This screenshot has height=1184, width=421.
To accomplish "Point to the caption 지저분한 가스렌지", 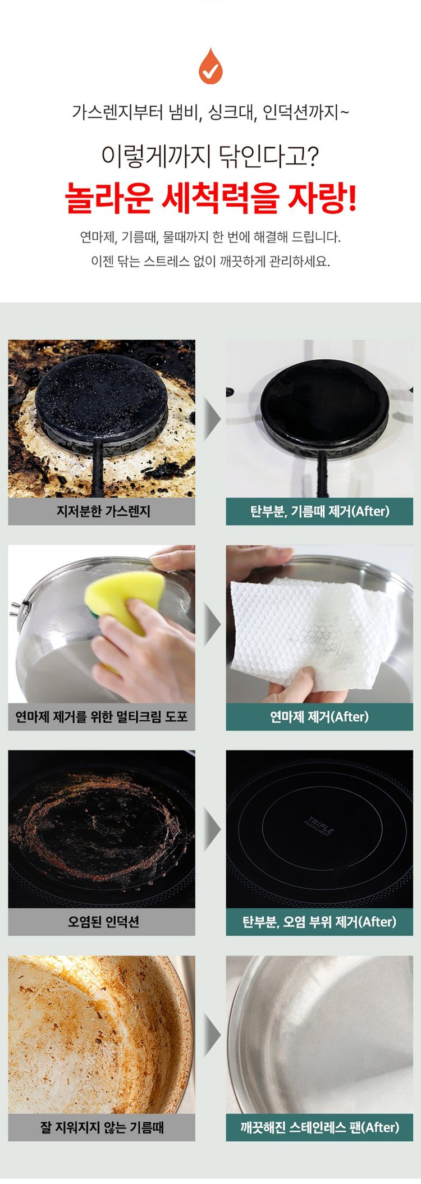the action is click(x=103, y=511).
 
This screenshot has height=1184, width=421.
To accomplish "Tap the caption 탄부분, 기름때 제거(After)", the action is click(x=319, y=511).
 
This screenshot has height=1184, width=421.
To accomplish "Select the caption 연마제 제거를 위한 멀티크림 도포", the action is click(x=102, y=717).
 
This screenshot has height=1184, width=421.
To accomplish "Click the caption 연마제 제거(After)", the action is click(x=319, y=717).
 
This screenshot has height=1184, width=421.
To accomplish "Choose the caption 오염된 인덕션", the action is click(x=103, y=922).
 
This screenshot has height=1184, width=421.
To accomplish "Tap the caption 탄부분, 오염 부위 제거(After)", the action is click(x=319, y=922).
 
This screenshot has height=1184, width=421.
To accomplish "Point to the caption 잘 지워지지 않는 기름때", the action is click(x=102, y=1127).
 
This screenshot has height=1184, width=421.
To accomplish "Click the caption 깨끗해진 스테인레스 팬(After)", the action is click(x=319, y=1127).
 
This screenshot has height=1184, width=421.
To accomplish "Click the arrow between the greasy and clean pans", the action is click(x=212, y=1034).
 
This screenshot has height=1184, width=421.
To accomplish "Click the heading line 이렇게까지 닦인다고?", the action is click(x=210, y=156).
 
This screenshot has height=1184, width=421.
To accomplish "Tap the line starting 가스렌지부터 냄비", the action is click(x=210, y=112).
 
